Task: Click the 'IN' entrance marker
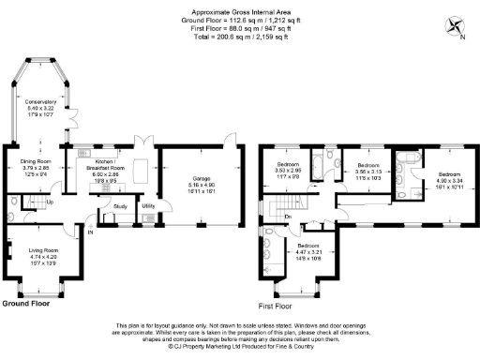pos(91,232)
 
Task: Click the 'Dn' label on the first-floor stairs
pos(288,217)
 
